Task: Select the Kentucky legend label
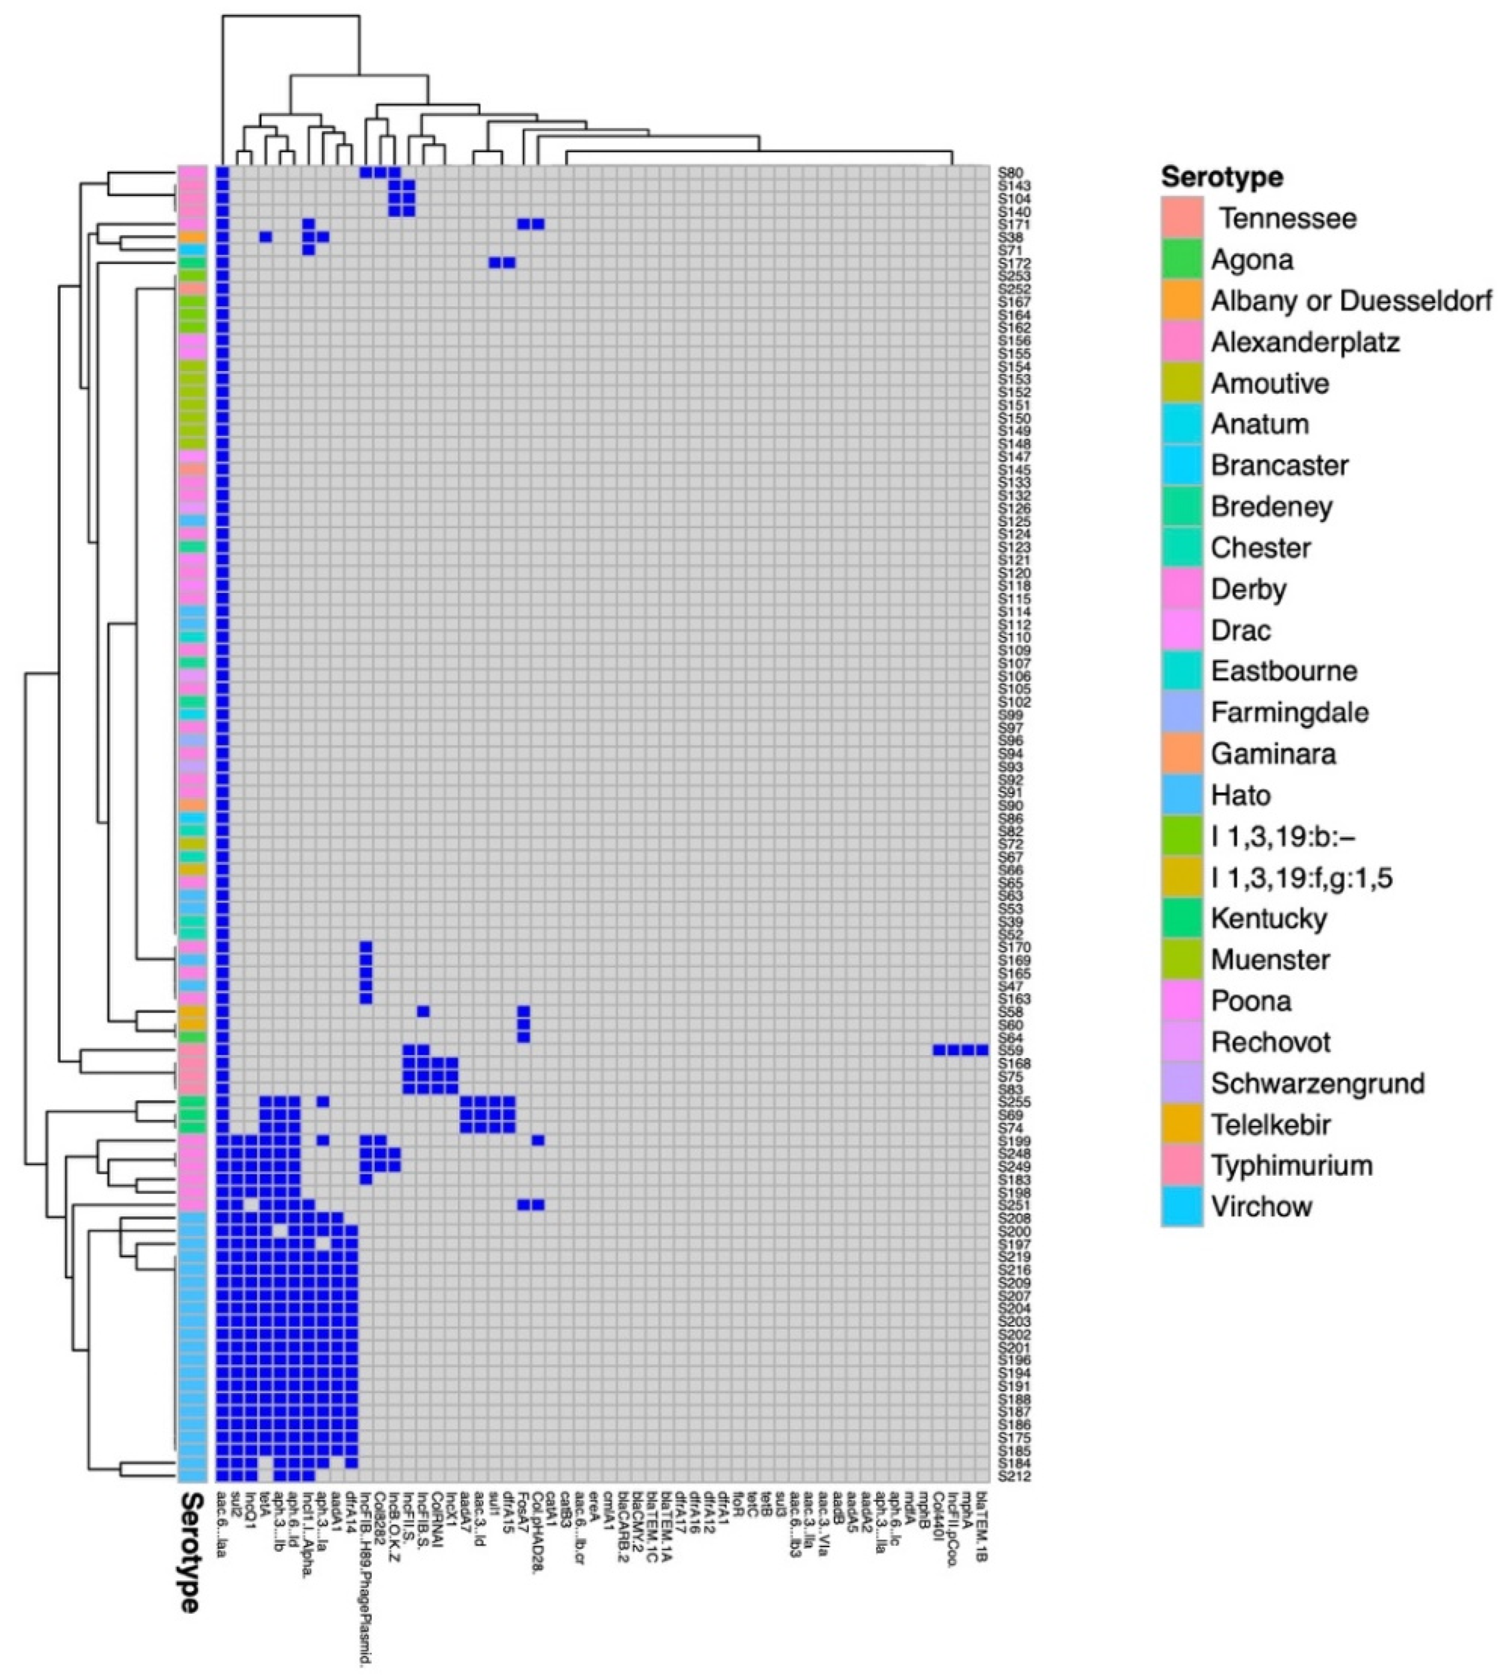(1268, 919)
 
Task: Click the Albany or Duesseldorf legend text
(1351, 301)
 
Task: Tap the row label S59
(1010, 1050)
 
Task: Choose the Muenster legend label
(1270, 959)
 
